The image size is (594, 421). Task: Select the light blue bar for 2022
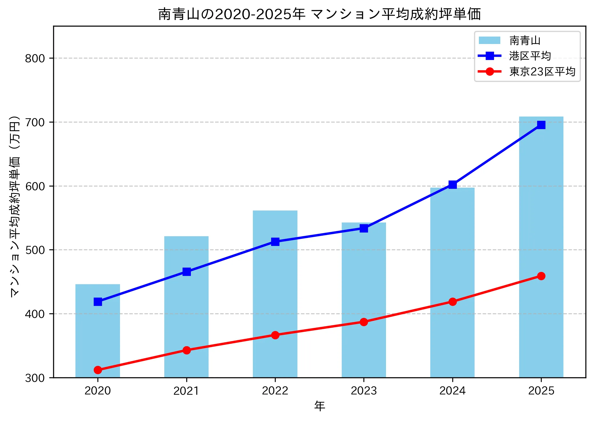click(275, 294)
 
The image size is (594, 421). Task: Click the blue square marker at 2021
click(187, 272)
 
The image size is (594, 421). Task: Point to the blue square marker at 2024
click(453, 185)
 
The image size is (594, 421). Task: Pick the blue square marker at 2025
click(541, 125)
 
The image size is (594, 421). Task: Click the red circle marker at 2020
click(98, 370)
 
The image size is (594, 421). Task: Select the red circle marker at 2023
click(364, 322)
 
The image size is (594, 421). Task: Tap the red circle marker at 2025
click(541, 276)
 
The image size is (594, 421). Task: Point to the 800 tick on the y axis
click(35, 58)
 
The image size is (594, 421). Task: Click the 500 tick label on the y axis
click(35, 250)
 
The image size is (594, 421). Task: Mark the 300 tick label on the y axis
click(35, 378)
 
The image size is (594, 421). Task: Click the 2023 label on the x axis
click(364, 391)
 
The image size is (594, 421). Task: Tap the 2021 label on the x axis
click(186, 391)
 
